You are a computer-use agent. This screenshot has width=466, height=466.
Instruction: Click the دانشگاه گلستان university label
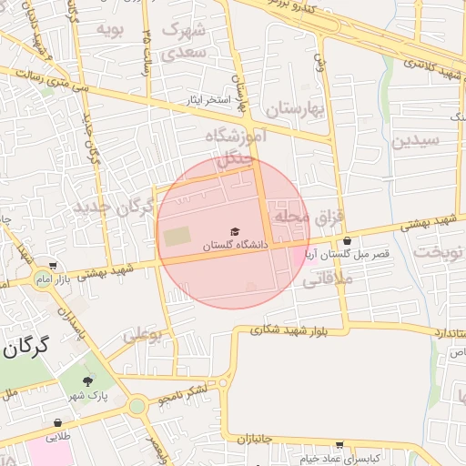[236, 245]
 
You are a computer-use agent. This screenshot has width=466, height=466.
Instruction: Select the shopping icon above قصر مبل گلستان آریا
[347, 242]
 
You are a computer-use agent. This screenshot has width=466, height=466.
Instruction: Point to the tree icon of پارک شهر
[88, 381]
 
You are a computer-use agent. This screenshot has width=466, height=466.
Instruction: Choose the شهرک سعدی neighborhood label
[185, 40]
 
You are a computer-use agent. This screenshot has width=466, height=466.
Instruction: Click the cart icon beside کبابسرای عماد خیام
[339, 445]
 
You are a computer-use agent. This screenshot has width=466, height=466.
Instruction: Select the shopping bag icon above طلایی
[58, 423]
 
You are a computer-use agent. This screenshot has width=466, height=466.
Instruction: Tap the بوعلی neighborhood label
[141, 335]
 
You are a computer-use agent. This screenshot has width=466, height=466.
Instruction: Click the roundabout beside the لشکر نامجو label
[137, 406]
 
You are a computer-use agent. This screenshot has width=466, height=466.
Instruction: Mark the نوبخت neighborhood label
[438, 251]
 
